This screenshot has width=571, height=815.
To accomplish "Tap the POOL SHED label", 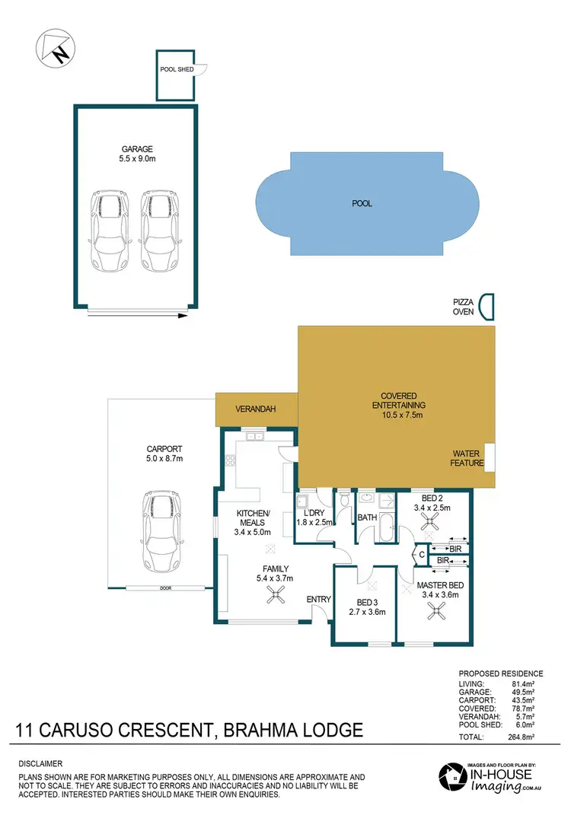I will pos(177,69).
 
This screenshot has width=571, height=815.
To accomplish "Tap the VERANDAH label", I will pos(254,409).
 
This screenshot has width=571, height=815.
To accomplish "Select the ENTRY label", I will pos(318,600).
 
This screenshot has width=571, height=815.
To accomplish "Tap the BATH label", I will pos(367,517).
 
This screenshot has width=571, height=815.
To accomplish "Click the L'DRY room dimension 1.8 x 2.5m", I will pos(313,523).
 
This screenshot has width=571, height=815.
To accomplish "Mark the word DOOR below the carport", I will pos(164,587).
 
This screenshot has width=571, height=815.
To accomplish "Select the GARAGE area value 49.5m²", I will pos(528,692).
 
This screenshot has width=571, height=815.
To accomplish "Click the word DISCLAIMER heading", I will pos(41,763).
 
